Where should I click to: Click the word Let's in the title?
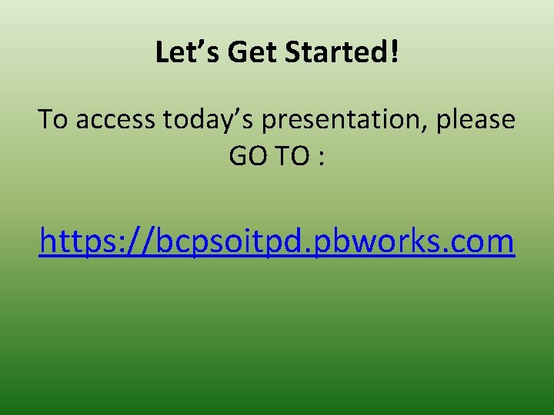click(x=178, y=52)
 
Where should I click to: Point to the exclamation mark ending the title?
click(x=395, y=52)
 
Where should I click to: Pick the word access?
click(x=115, y=120)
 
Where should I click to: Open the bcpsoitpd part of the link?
click(x=222, y=241)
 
